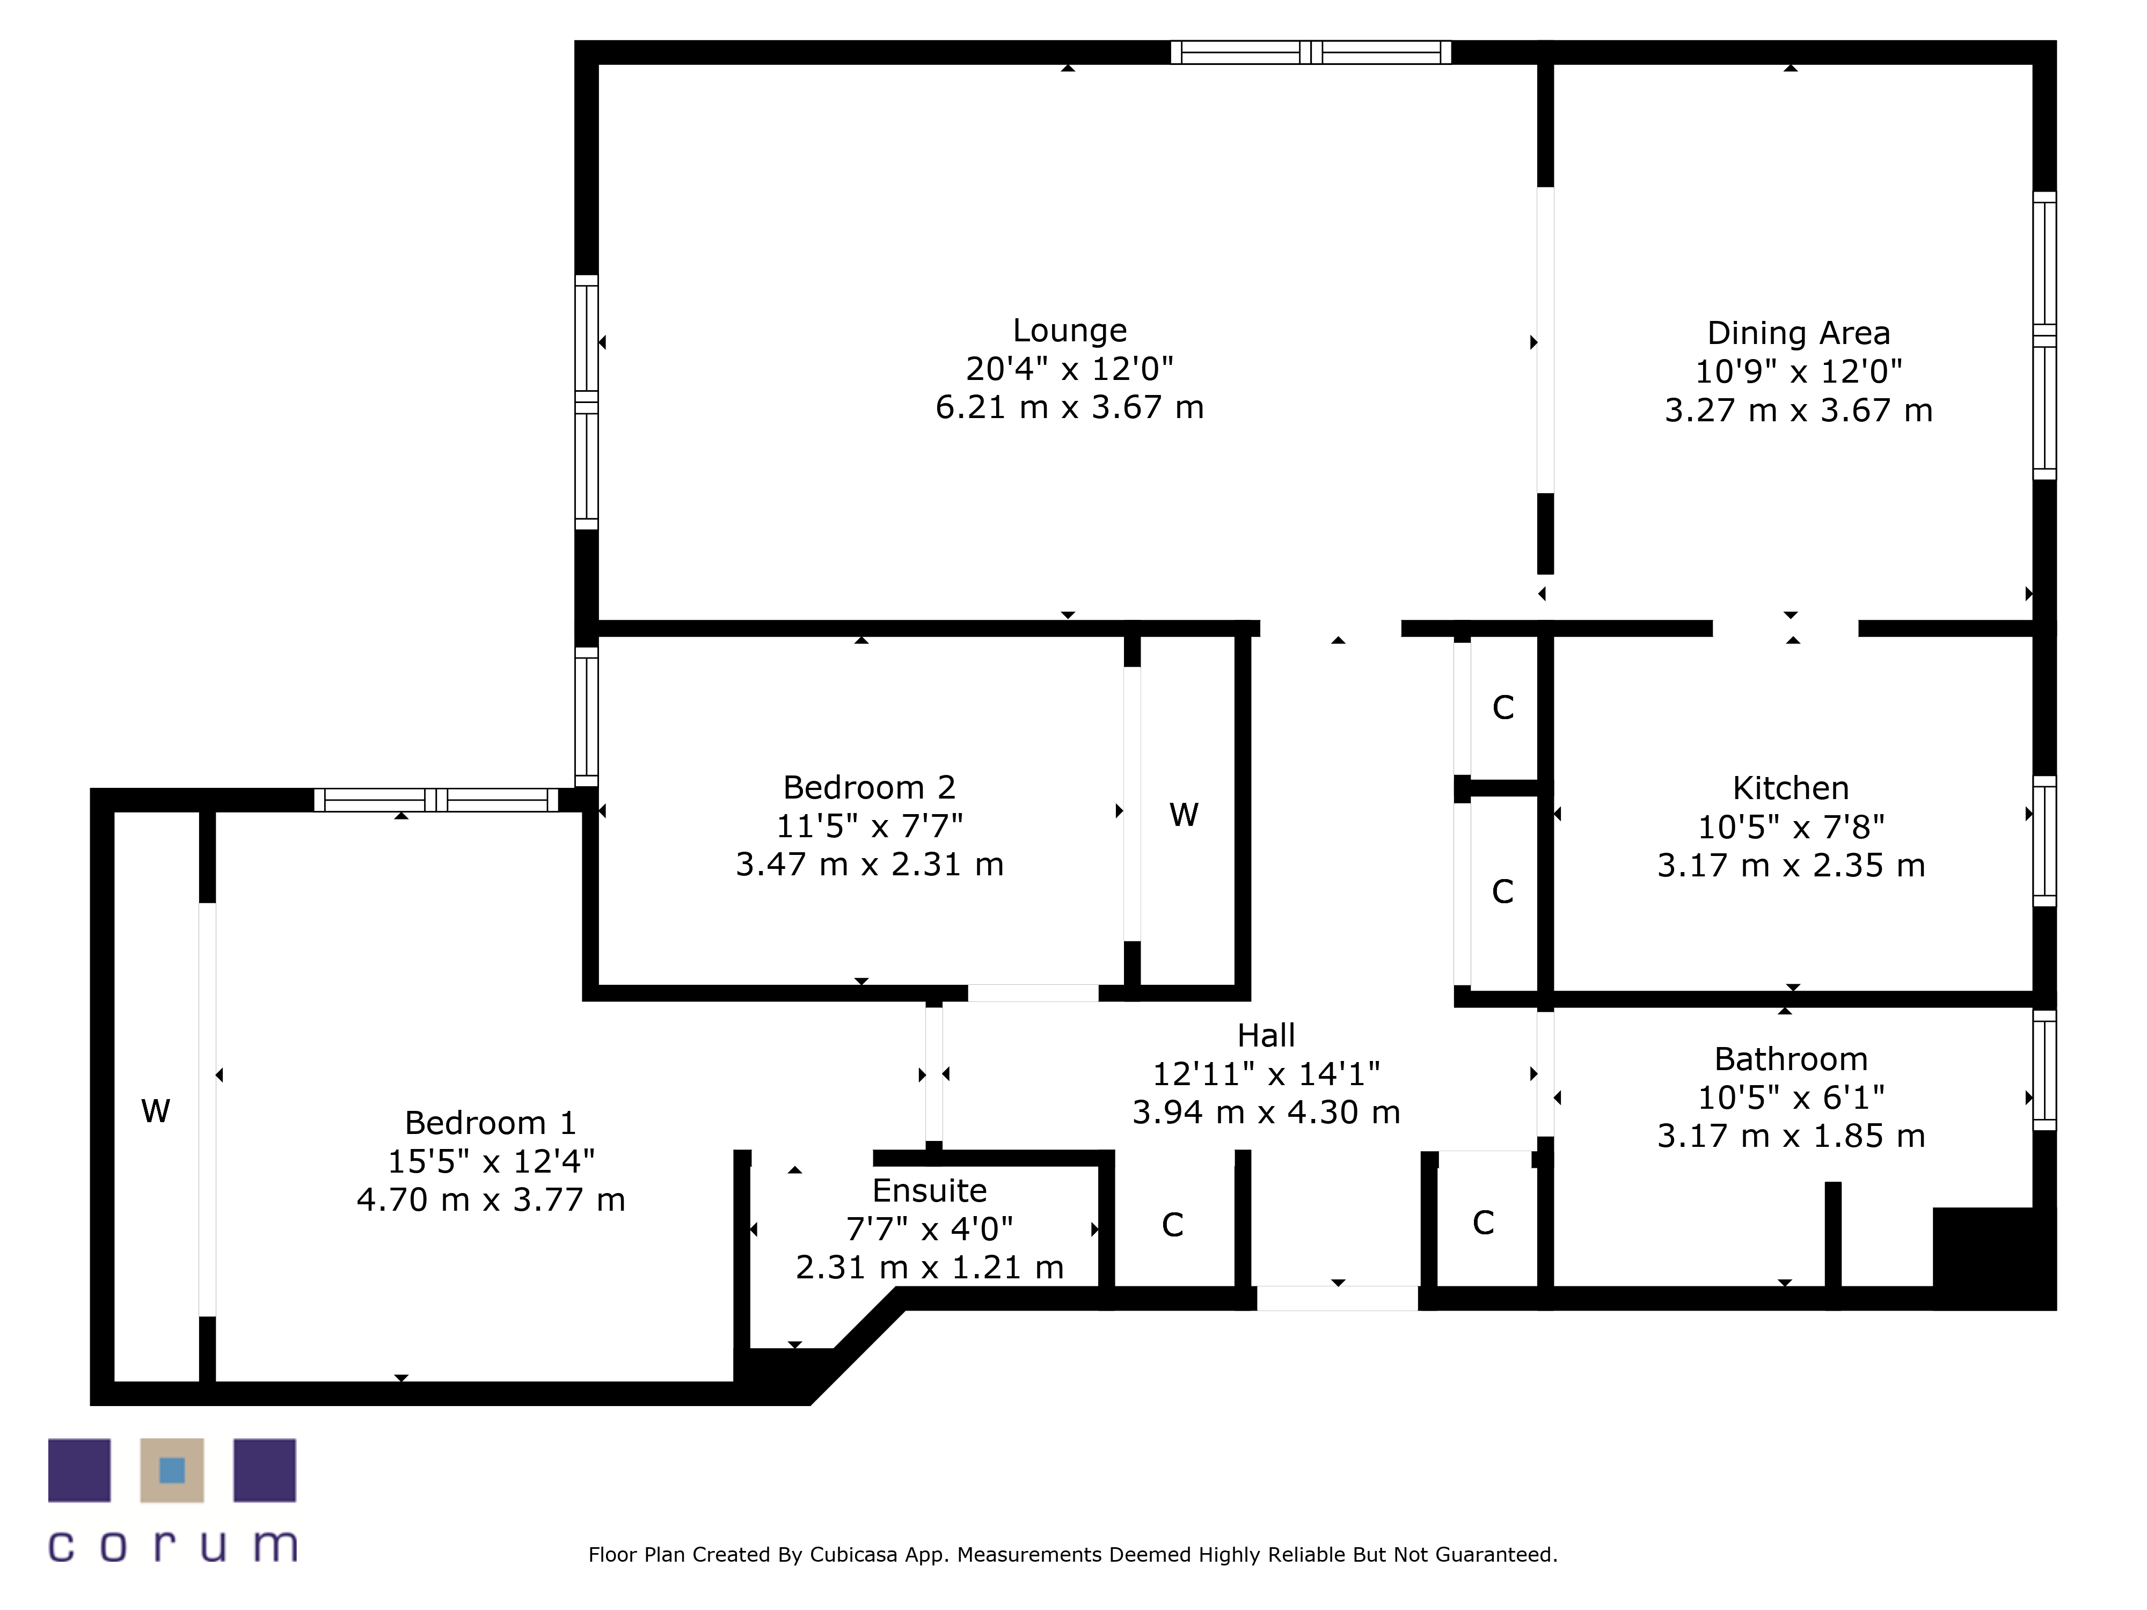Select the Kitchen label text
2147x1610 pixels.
(1790, 787)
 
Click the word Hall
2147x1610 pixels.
(1266, 1035)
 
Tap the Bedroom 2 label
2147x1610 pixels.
(868, 787)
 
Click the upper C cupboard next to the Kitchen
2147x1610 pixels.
(1502, 707)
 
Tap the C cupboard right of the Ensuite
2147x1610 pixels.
(1172, 1225)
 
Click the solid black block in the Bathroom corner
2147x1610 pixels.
(1992, 1257)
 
